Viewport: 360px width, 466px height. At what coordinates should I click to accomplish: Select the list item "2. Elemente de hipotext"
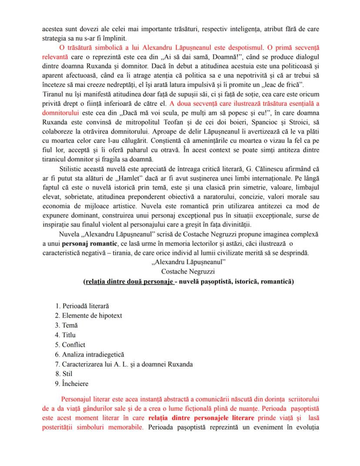click(x=88, y=316)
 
